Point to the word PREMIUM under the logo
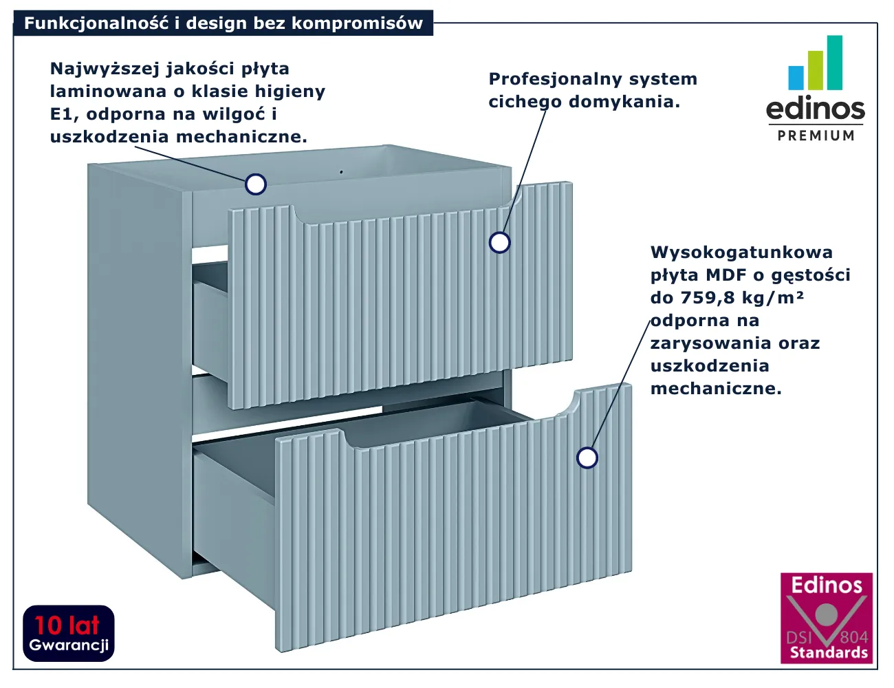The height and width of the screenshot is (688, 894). click(816, 136)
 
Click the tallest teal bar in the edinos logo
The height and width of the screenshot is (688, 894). click(835, 63)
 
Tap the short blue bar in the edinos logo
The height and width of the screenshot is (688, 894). click(796, 78)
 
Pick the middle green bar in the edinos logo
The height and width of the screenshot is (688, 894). click(816, 70)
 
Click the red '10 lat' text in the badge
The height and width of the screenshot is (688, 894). click(67, 625)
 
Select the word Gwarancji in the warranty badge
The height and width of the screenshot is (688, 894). click(69, 645)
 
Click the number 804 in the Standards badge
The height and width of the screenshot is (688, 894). click(853, 637)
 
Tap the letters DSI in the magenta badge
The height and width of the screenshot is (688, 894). click(798, 638)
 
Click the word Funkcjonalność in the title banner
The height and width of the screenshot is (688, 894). click(96, 23)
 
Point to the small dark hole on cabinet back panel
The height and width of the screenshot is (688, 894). click(341, 172)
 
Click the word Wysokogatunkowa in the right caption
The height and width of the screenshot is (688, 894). click(741, 252)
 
